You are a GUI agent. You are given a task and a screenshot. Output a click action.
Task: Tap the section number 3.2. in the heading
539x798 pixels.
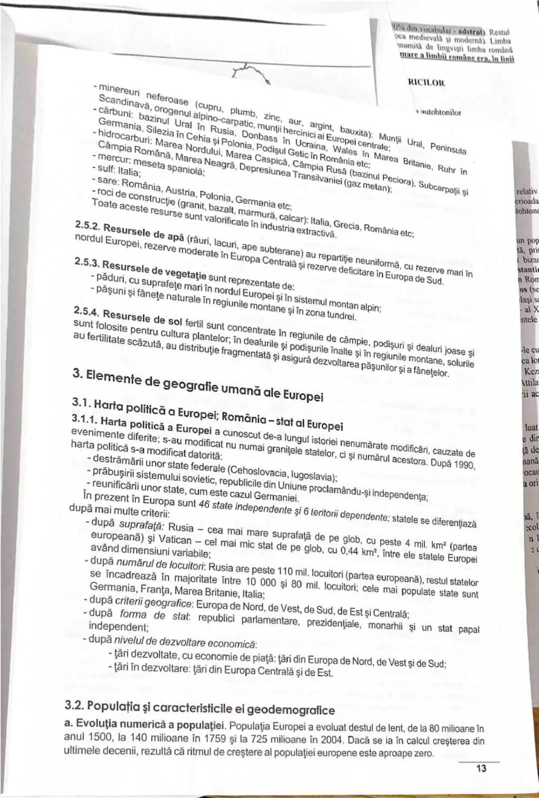click(74, 706)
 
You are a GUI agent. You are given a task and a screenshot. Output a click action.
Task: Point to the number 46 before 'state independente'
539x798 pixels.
click(204, 503)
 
